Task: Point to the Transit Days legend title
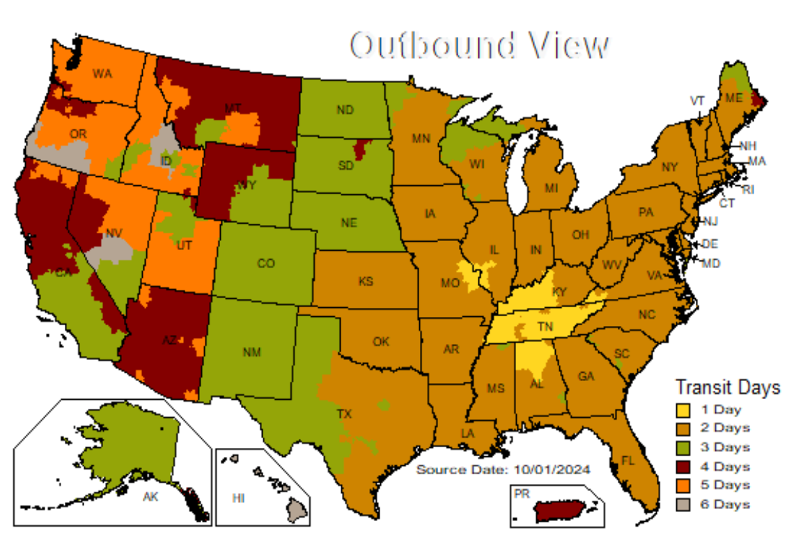pyautogui.click(x=727, y=387)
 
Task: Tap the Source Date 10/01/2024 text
pyautogui.click(x=503, y=470)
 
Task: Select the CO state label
pyautogui.click(x=265, y=263)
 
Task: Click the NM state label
pyautogui.click(x=251, y=352)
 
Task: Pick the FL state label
pyautogui.click(x=628, y=461)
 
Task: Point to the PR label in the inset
pyautogui.click(x=520, y=493)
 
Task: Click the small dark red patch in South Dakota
pyautogui.click(x=360, y=148)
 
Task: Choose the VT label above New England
pyautogui.click(x=697, y=100)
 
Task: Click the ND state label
pyautogui.click(x=343, y=109)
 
